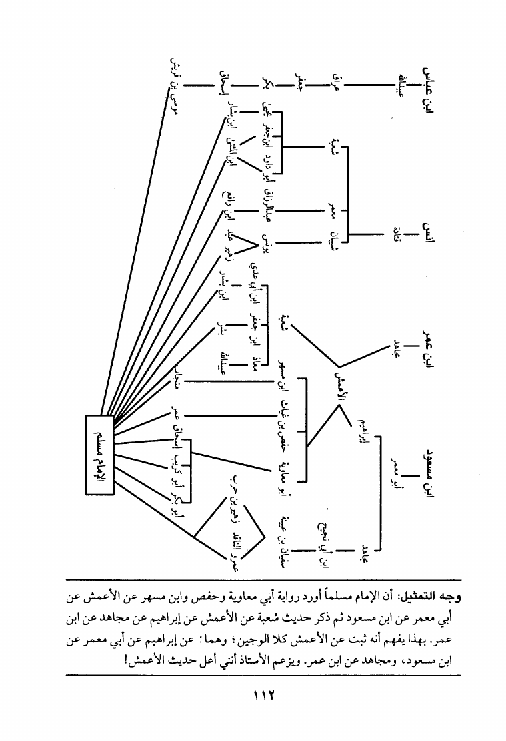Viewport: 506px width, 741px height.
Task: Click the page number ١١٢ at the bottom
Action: tap(253, 695)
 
